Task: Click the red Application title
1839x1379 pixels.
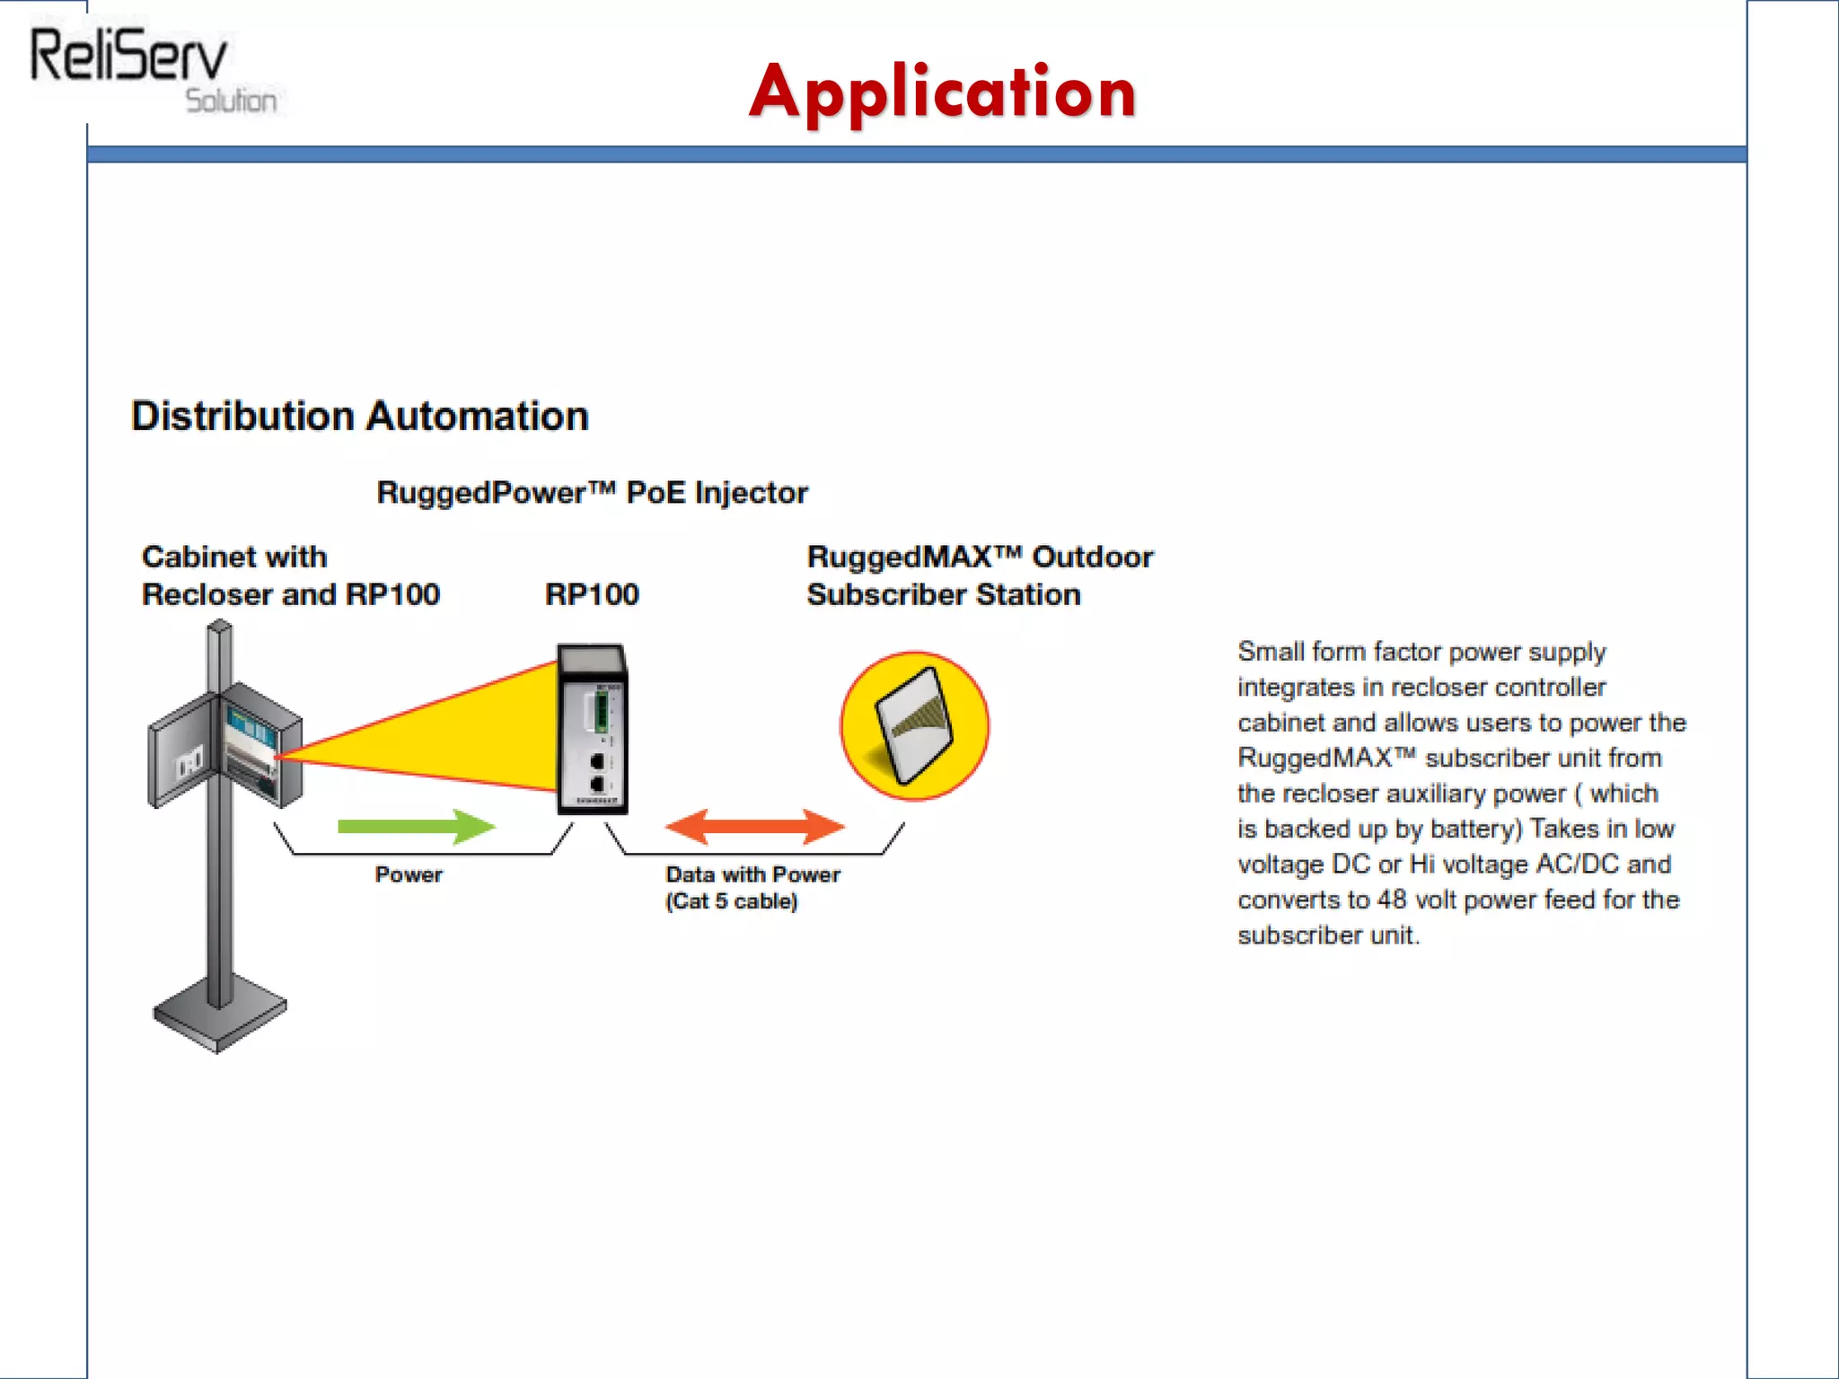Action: pyautogui.click(x=943, y=92)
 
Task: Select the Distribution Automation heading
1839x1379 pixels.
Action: pyautogui.click(x=359, y=417)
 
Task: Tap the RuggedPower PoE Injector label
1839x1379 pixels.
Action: pyautogui.click(x=592, y=493)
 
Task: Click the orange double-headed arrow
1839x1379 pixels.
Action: pyautogui.click(x=754, y=826)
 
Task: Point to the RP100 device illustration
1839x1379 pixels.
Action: pyautogui.click(x=593, y=729)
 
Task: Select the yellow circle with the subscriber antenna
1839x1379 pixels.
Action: pyautogui.click(x=914, y=725)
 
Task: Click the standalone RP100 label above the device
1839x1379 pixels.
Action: pyautogui.click(x=592, y=594)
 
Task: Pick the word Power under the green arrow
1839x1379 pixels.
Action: pyautogui.click(x=409, y=874)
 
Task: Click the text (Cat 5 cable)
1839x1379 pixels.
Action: pyautogui.click(x=731, y=901)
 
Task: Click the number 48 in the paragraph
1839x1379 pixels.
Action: pyautogui.click(x=1392, y=900)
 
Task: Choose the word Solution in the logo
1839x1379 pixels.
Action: pyautogui.click(x=231, y=101)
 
